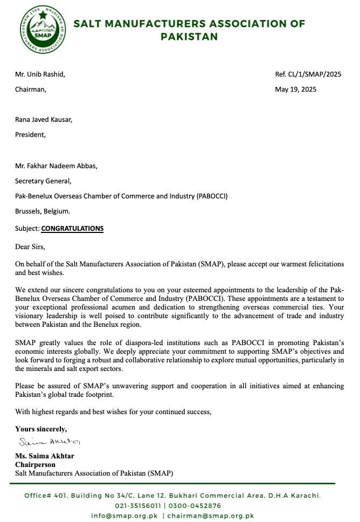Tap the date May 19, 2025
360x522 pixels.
tap(295, 90)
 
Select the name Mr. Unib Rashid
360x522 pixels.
tap(40, 74)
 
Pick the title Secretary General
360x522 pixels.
tap(43, 181)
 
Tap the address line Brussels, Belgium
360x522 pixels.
tap(42, 211)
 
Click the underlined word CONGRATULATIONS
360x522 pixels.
tap(72, 228)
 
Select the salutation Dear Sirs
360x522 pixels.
tap(30, 247)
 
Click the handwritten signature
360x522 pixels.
tap(49, 442)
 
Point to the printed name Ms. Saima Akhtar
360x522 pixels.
tap(44, 456)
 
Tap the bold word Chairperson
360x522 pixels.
tap(35, 464)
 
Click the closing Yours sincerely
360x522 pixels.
tap(41, 429)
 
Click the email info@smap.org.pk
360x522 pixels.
tap(124, 516)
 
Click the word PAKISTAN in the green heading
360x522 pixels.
tap(189, 37)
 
